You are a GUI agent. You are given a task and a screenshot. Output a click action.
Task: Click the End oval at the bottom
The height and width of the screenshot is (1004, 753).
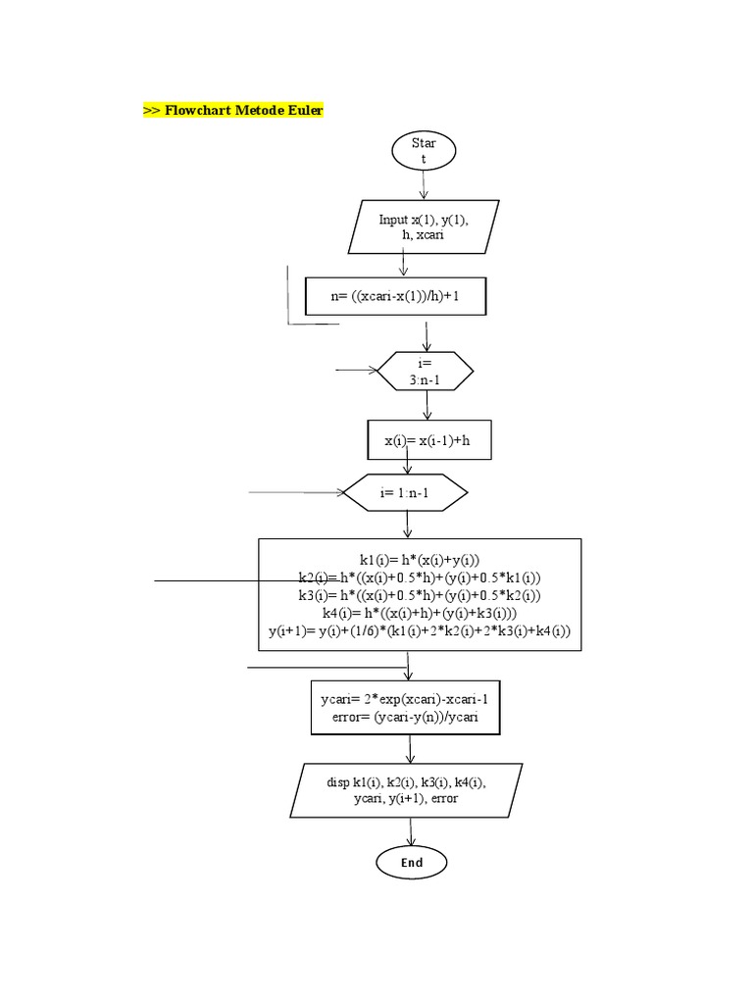click(412, 862)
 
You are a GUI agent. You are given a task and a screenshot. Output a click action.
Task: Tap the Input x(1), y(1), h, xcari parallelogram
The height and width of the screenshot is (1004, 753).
click(424, 227)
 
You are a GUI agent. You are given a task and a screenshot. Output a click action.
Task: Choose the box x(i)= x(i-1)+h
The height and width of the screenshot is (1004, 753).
click(427, 441)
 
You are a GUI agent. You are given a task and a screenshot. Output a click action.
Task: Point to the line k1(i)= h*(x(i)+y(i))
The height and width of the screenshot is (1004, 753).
click(419, 558)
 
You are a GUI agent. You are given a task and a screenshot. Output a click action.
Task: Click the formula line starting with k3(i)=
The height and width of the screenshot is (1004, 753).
click(419, 595)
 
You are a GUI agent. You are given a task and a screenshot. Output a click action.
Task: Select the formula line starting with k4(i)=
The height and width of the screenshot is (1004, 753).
click(419, 614)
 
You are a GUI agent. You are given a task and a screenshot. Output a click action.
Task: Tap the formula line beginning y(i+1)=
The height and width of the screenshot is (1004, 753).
click(419, 632)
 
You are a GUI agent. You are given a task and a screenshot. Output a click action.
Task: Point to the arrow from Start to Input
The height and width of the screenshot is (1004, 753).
click(424, 185)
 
